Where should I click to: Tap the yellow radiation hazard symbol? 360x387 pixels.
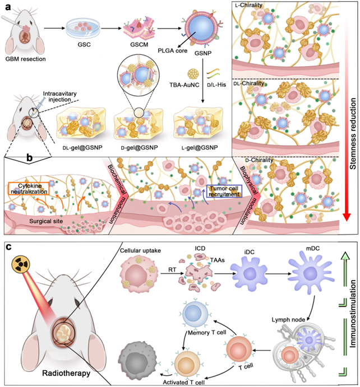point(17,262)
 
